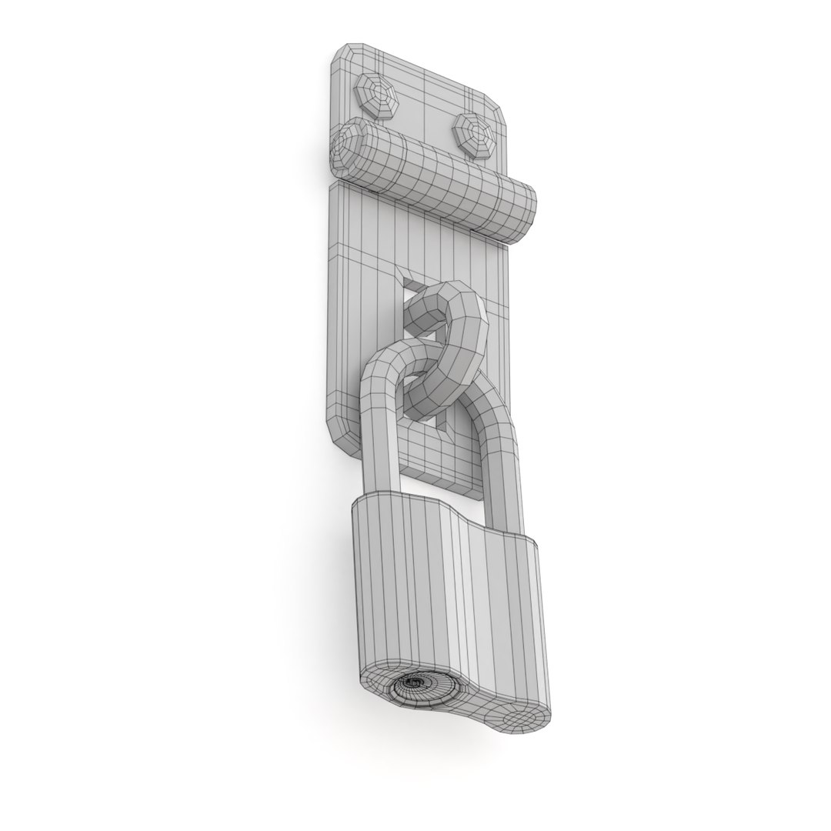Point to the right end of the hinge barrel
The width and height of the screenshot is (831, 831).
click(524, 216)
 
